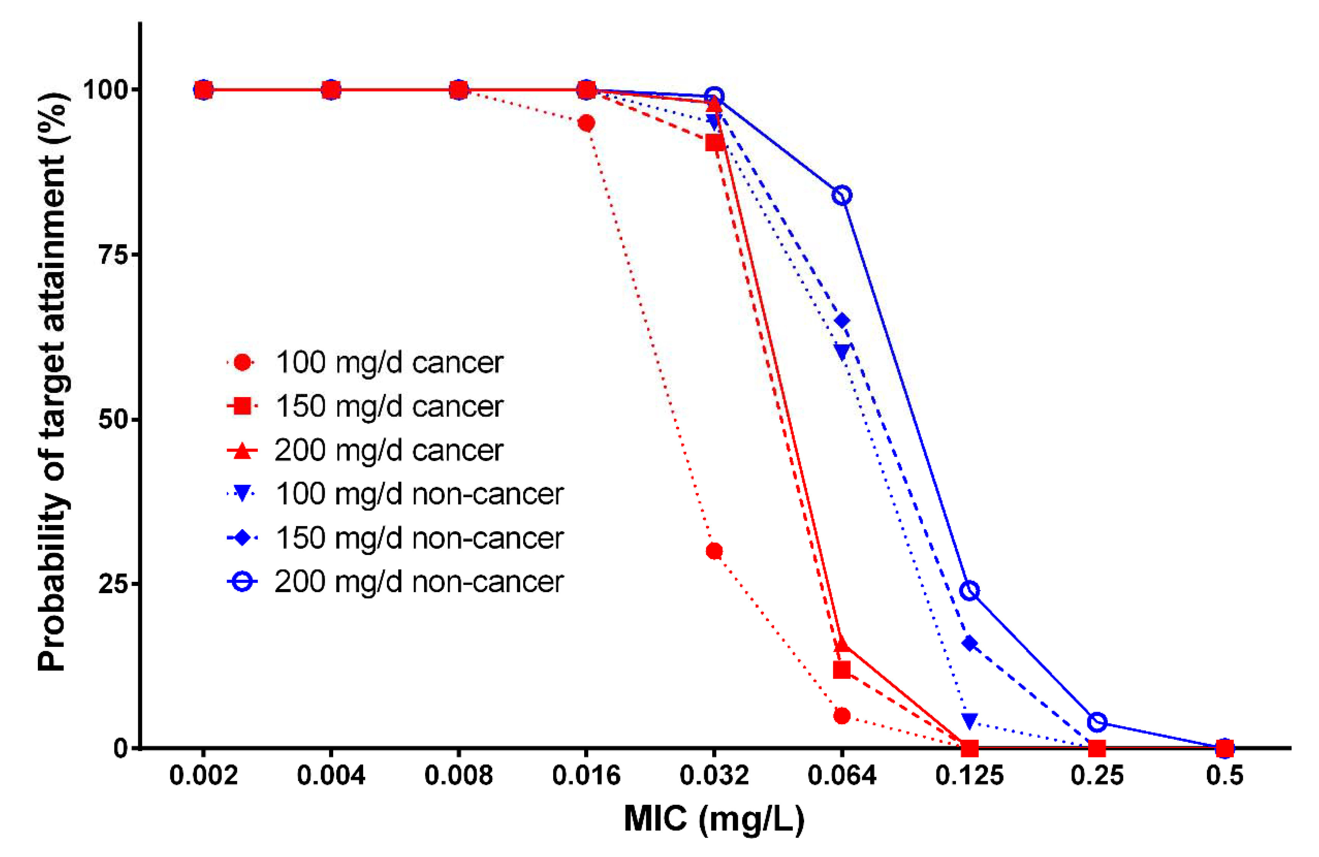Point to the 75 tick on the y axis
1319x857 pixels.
(x=113, y=255)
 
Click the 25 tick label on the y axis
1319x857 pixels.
(x=113, y=584)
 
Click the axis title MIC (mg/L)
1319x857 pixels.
(x=714, y=818)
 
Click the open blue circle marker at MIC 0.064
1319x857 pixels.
(x=842, y=196)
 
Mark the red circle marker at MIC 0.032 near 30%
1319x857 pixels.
(x=714, y=551)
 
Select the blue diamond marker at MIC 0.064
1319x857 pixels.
(x=842, y=321)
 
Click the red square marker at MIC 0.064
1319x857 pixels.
(x=842, y=670)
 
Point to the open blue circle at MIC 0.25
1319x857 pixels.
(x=1097, y=722)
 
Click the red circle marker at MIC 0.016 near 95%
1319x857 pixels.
(x=586, y=123)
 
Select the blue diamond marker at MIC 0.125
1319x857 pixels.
(x=969, y=643)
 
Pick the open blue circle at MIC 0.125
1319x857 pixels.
(x=969, y=591)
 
